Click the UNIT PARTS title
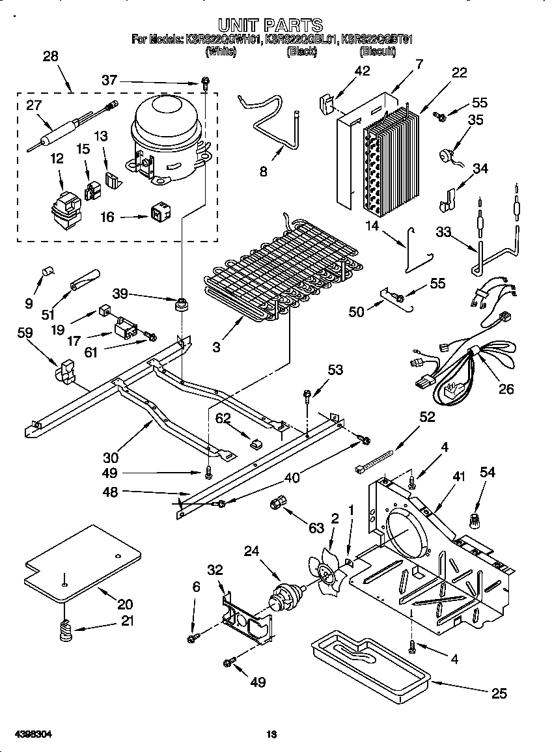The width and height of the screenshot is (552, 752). point(270,25)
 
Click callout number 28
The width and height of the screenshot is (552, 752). point(50,57)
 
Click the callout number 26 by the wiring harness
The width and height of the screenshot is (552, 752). point(505,389)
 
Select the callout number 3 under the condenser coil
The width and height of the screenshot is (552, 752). point(216,348)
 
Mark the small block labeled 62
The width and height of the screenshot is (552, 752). point(256,443)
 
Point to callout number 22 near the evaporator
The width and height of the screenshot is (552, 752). point(460,73)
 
